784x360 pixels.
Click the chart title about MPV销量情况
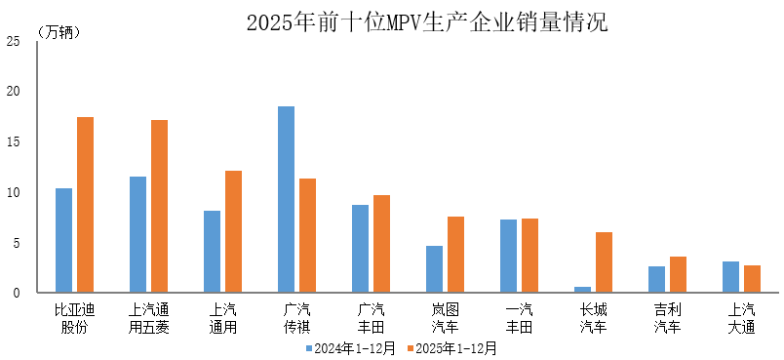coord(426,21)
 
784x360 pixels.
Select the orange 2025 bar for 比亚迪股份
coord(86,205)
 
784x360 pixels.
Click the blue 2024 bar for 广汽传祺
coord(286,199)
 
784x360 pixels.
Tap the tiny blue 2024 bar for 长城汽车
coord(582,290)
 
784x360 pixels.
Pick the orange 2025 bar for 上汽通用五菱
coord(160,206)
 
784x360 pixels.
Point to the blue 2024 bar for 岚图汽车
coord(434,269)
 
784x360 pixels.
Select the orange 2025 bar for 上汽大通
coord(752,279)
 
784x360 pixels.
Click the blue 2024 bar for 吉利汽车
coord(656,279)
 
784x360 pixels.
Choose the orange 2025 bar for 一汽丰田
coord(529,256)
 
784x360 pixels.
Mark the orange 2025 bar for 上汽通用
coord(234,231)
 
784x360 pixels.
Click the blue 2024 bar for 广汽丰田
coord(360,249)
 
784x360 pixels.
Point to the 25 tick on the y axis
coord(13,41)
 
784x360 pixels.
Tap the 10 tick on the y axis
coord(13,192)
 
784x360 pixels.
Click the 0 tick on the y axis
coord(16,293)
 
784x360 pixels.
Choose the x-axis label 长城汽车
coord(593,318)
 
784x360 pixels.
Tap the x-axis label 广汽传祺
coord(296,318)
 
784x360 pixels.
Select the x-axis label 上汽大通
coord(741,318)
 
